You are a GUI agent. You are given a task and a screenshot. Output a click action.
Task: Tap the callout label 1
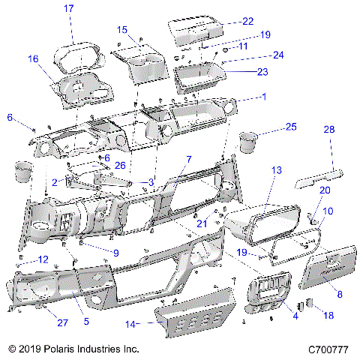tap(263, 97)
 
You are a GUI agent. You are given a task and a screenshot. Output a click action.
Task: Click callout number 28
tap(328, 130)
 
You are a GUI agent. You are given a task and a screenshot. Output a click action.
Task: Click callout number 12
tap(43, 259)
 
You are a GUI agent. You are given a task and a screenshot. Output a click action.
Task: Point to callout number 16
tap(33, 58)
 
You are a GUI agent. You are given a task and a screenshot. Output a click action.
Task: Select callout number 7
tap(189, 160)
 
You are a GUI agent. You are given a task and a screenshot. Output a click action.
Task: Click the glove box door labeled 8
tap(330, 269)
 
